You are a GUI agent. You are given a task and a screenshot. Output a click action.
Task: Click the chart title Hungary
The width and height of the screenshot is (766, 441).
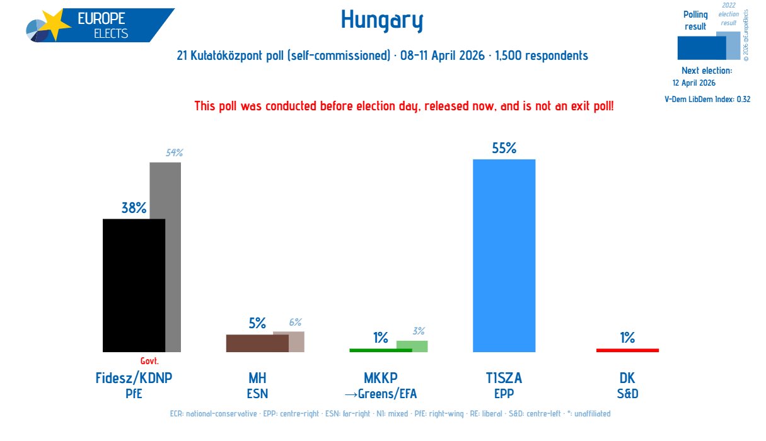[x=382, y=21]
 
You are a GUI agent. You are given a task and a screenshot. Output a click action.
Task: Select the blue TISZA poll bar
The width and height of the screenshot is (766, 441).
[x=504, y=255]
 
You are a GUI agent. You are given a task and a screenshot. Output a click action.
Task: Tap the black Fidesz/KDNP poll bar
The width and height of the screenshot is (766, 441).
[x=134, y=285]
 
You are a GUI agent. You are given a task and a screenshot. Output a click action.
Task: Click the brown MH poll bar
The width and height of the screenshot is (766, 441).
[x=257, y=343]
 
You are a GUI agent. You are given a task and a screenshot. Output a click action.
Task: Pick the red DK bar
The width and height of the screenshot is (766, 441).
[x=627, y=350]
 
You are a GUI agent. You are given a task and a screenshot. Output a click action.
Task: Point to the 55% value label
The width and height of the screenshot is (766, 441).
[x=504, y=149]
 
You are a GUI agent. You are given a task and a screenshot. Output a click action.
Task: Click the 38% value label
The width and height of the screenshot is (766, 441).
[x=134, y=209]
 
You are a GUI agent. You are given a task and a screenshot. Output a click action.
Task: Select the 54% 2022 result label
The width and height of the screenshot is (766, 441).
[x=174, y=153]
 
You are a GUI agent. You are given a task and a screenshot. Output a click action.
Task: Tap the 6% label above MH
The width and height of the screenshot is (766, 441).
[x=296, y=322]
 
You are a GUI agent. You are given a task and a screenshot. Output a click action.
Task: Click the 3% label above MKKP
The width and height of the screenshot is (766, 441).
[x=419, y=331]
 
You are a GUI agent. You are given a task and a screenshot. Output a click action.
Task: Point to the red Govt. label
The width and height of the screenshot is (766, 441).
[x=149, y=361]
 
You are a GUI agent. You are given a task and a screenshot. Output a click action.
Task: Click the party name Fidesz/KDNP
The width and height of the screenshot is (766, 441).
[x=134, y=378]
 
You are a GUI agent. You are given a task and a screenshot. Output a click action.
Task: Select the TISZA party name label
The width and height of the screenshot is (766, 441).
[x=504, y=378]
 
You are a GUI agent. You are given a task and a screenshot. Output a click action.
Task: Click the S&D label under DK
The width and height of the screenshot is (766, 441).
[x=627, y=394]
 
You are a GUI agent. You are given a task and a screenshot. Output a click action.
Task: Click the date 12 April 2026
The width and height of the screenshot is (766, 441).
[x=694, y=83]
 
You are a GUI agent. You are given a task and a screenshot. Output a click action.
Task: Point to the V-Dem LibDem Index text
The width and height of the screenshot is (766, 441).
[x=707, y=99]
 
